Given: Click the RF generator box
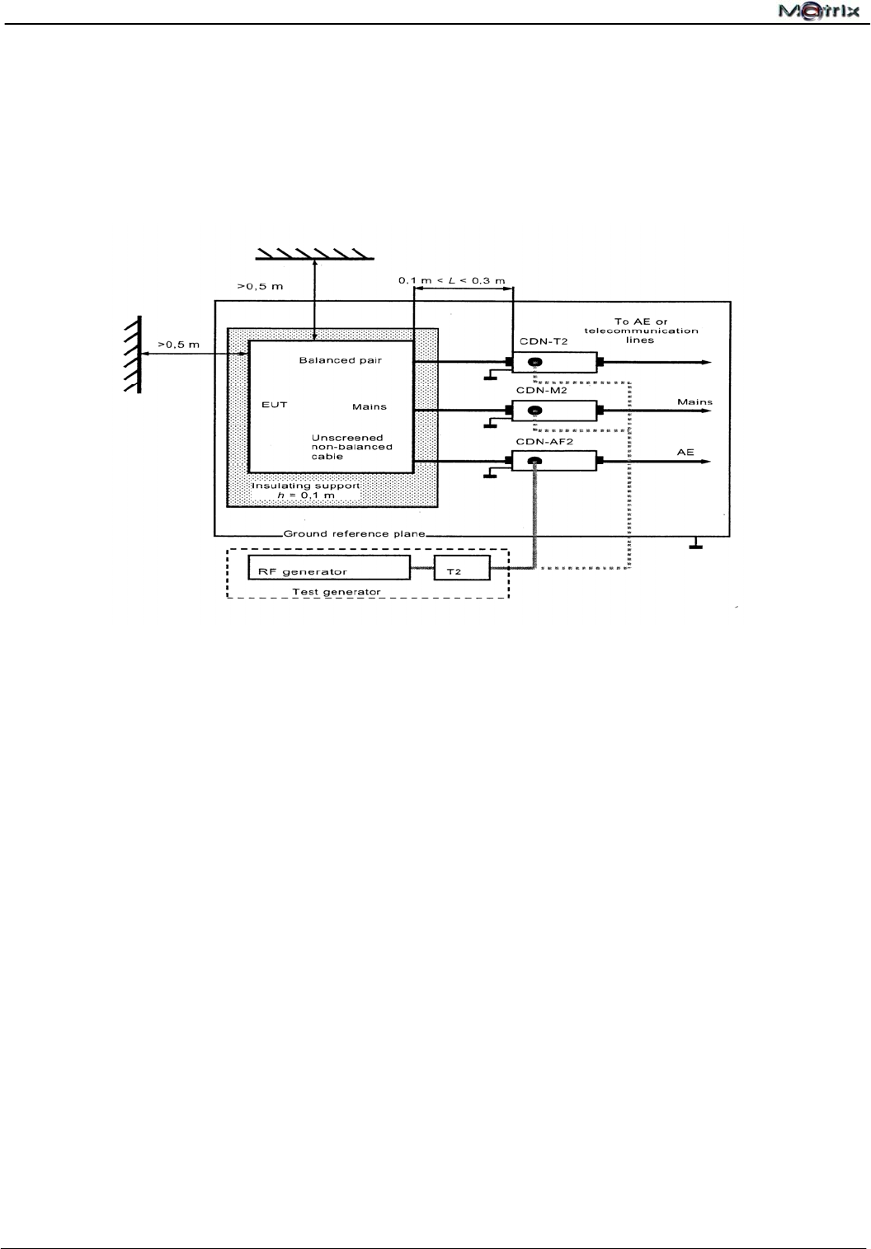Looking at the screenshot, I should point(328,567).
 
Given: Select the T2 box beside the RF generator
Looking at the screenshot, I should point(462,568).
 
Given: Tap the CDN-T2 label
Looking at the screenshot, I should point(544,341).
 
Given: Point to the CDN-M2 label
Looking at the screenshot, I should point(542,390).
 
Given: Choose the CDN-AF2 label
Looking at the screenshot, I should point(544,442).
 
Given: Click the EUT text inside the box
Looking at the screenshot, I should point(274,405).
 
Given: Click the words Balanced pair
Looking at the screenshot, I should point(340,360).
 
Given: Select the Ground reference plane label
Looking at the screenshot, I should point(354,533).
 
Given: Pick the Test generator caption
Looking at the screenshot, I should point(336,591).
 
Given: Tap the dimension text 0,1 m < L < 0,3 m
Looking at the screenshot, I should point(451,281).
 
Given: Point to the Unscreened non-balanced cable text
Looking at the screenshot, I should point(351,447).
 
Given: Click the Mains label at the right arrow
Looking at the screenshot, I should point(694,402).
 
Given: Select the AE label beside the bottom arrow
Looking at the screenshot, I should point(685,453).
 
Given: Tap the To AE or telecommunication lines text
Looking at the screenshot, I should point(641,331).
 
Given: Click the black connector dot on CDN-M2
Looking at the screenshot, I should point(534,411).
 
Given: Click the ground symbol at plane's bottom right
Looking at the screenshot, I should point(696,543).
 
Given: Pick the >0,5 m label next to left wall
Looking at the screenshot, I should point(177,345).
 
